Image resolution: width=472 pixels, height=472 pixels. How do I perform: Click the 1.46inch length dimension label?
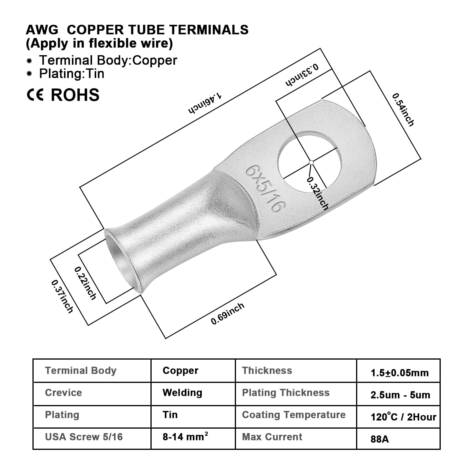(x=205, y=103)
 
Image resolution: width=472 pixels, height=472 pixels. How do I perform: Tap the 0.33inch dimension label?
(x=302, y=75)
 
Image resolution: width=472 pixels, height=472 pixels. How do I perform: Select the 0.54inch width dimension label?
(x=403, y=110)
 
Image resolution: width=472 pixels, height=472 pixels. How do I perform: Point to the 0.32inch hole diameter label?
(x=318, y=194)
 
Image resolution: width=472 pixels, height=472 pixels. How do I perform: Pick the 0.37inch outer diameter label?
(x=62, y=296)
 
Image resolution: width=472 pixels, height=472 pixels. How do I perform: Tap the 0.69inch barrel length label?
(x=227, y=314)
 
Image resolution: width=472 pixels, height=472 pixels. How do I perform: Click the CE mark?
(x=35, y=95)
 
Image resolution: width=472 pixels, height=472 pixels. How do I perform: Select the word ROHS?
(x=75, y=95)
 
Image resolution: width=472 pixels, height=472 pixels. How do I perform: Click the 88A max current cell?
(x=380, y=439)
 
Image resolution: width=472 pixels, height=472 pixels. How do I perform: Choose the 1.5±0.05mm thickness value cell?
(x=399, y=373)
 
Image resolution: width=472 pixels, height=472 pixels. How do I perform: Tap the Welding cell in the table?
(x=182, y=393)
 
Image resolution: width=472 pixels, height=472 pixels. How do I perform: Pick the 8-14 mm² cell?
(x=185, y=437)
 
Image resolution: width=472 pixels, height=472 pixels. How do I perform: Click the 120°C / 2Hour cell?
(x=403, y=417)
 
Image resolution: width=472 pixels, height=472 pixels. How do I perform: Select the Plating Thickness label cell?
(x=286, y=393)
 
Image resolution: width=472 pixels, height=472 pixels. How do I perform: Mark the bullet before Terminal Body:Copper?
(x=29, y=61)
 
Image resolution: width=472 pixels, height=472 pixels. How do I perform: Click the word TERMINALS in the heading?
(x=209, y=30)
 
